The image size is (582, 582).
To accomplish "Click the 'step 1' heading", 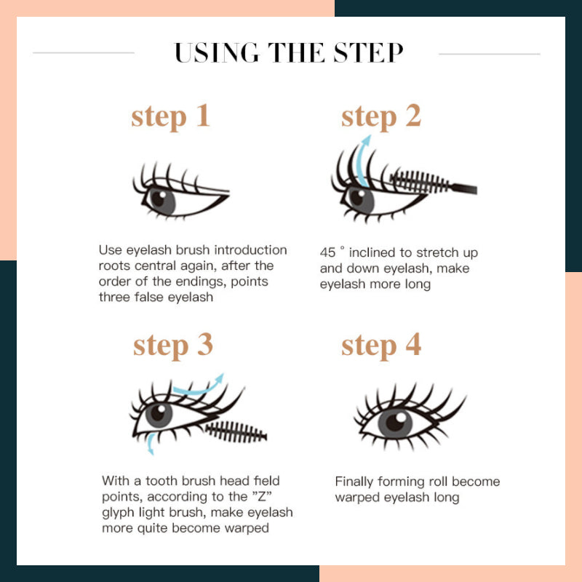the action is click(x=170, y=116).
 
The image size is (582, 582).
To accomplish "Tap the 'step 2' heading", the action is click(x=381, y=116).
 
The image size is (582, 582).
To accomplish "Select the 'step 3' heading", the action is click(x=173, y=346).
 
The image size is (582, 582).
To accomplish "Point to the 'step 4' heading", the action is click(x=381, y=346).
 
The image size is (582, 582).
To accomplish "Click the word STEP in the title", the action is click(x=368, y=52).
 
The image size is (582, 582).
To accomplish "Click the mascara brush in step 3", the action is click(x=236, y=432).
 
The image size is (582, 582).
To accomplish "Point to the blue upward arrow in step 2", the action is click(x=361, y=160).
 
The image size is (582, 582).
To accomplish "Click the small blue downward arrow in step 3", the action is click(x=150, y=444).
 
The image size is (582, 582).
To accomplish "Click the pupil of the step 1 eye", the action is click(x=159, y=199).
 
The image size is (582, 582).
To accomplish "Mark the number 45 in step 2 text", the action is click(x=327, y=252).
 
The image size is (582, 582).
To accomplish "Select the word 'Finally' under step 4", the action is click(x=354, y=482).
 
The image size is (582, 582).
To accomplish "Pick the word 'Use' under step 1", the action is click(x=111, y=250).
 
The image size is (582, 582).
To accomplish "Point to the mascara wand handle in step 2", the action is click(x=463, y=188).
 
